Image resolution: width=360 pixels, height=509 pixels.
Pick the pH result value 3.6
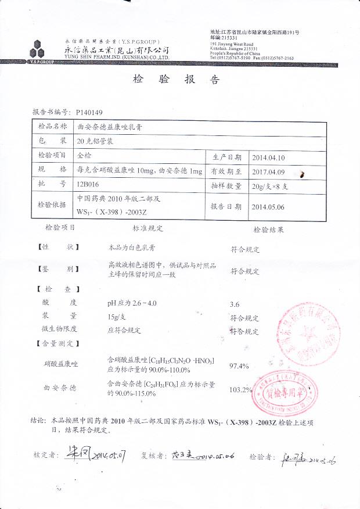235,304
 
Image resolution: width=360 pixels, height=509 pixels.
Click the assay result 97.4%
239,365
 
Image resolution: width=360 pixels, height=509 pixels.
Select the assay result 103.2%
241,389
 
